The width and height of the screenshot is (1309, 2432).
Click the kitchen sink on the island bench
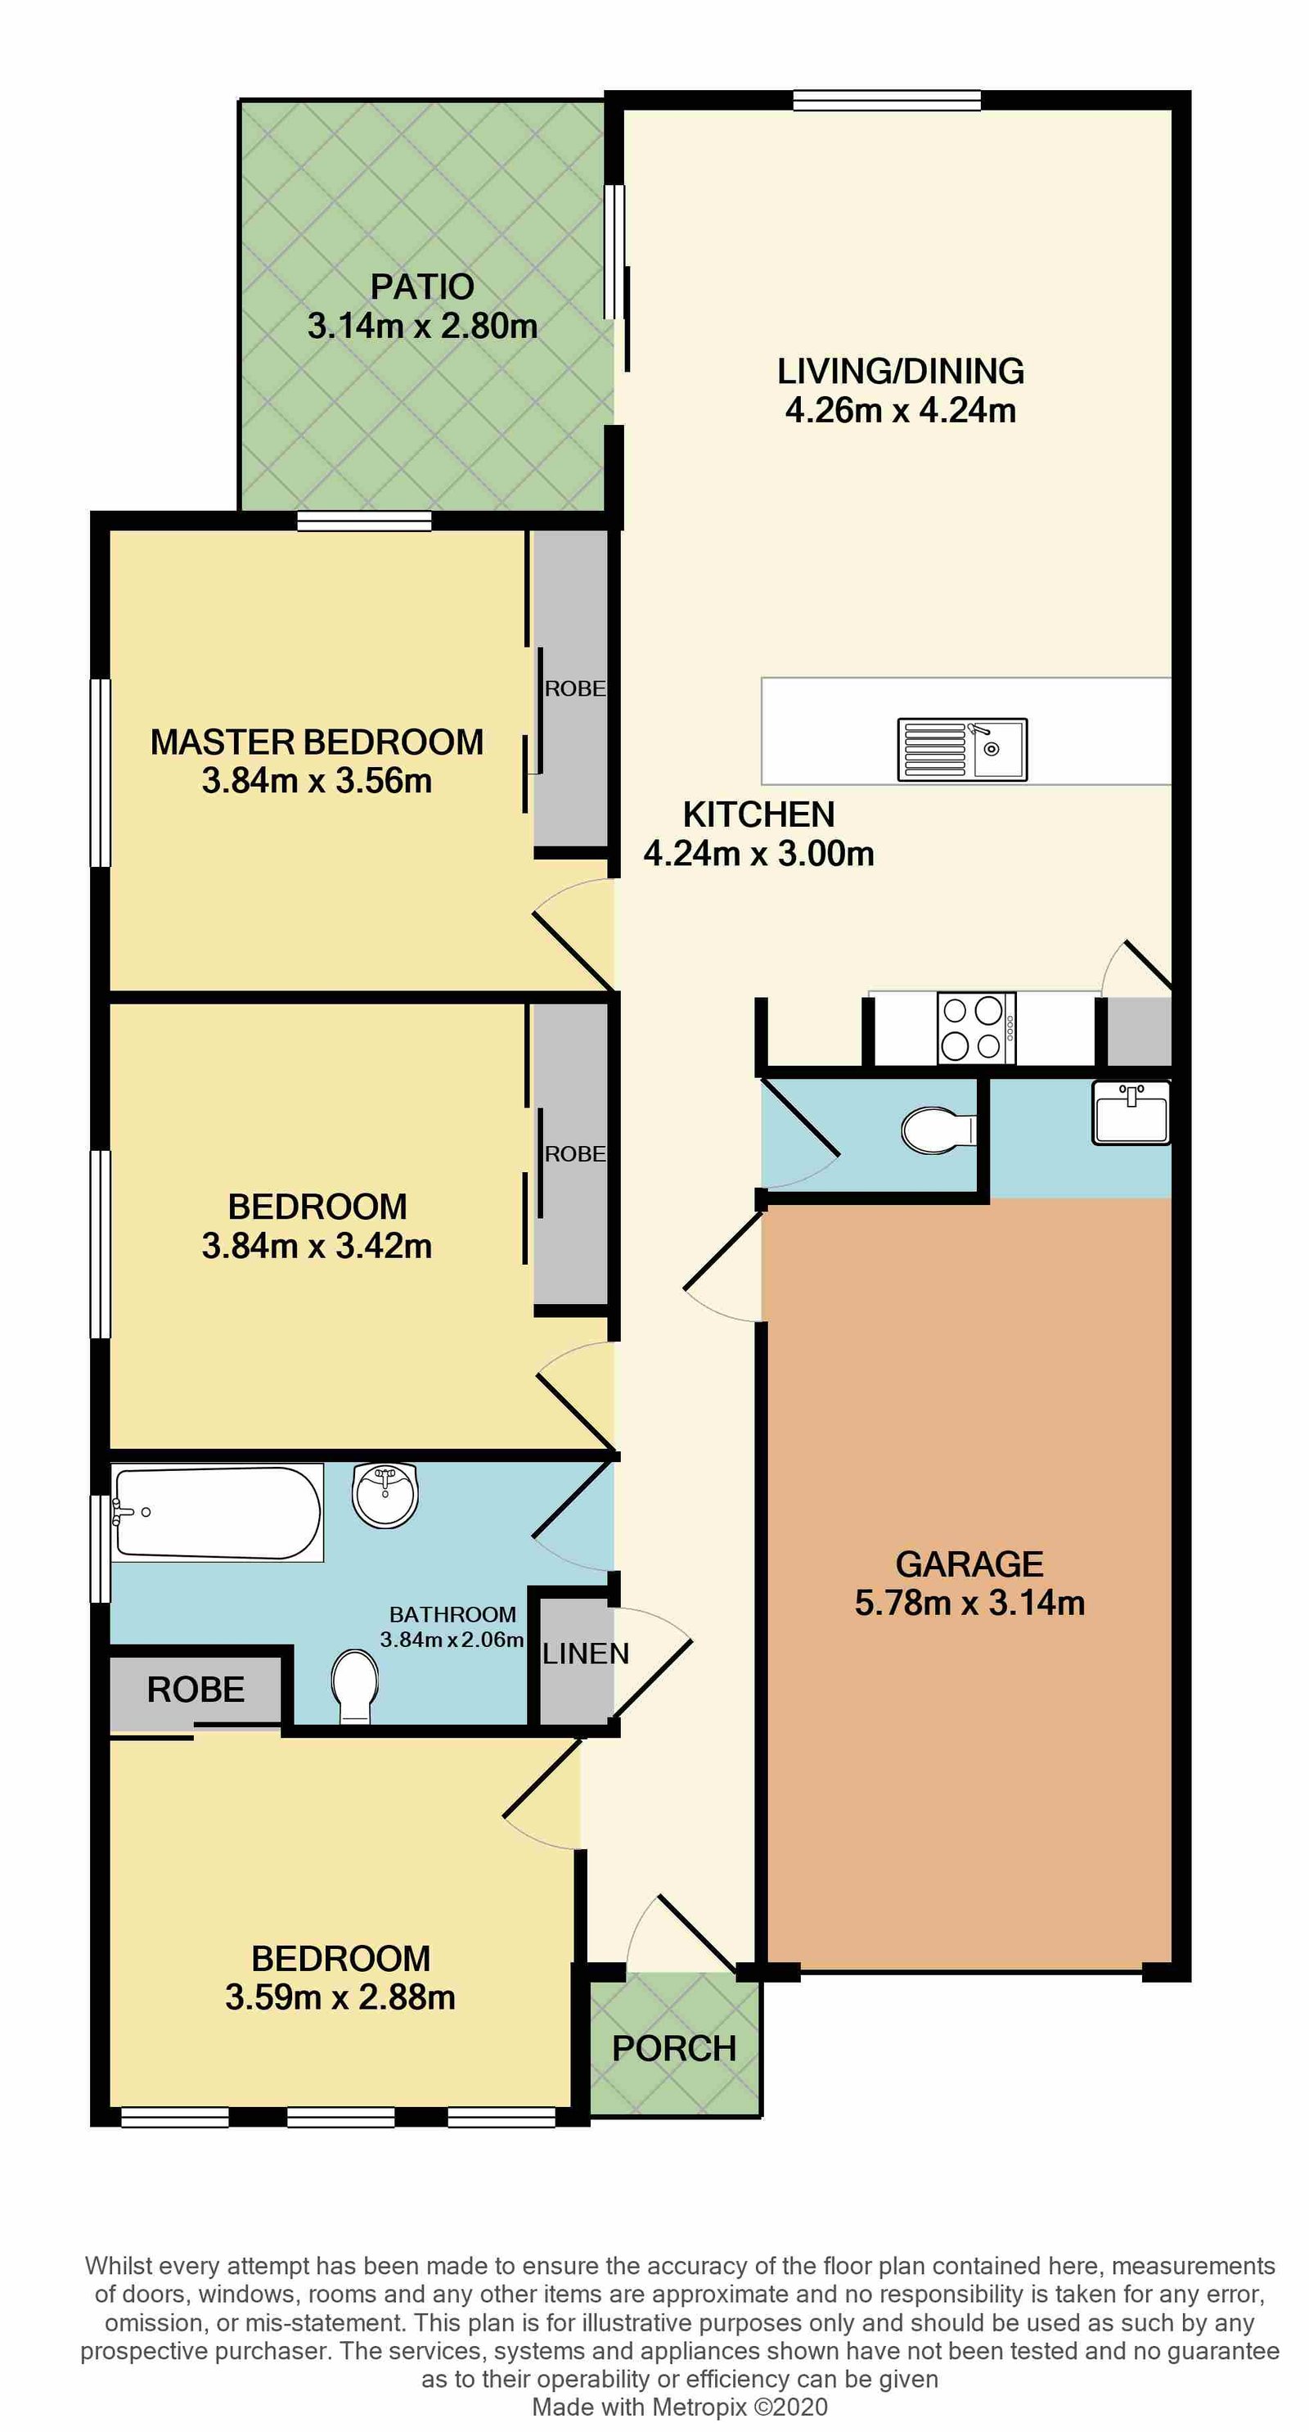(961, 750)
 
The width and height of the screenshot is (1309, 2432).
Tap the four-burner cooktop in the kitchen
(975, 1028)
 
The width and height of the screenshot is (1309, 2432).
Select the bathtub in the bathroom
(217, 1511)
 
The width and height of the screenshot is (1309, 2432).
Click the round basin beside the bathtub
(385, 1495)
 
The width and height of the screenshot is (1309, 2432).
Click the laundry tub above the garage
(1131, 1113)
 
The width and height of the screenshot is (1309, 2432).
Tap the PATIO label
(422, 286)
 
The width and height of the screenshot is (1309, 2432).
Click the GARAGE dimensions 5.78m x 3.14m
(969, 1603)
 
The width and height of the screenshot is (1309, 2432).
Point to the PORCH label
(674, 2049)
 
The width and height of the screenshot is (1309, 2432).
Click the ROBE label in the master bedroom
(575, 689)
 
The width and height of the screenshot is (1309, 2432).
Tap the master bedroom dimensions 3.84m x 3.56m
(317, 781)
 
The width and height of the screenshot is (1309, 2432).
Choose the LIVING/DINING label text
(901, 371)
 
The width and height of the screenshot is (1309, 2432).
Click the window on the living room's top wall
(886, 100)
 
